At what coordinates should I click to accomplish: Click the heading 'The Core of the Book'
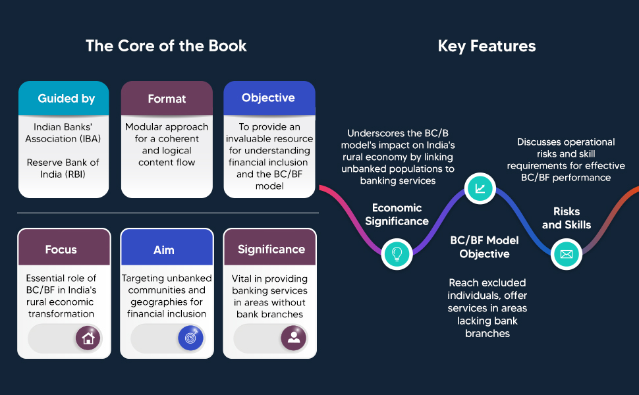pos(166,46)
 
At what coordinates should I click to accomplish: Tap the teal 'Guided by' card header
pos(64,98)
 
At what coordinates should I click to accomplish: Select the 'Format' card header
pos(167,98)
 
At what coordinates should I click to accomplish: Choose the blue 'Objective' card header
pos(269,97)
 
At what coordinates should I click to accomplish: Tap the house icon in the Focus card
pos(88,338)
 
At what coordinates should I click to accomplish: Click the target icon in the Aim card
pos(191,338)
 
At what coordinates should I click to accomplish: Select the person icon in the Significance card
pos(293,338)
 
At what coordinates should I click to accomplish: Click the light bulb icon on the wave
pos(397,253)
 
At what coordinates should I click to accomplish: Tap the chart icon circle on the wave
pos(480,188)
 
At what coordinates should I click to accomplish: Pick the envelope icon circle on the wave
pos(567,254)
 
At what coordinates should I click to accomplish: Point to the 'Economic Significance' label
pos(397,215)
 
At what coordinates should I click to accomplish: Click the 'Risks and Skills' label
pos(567,219)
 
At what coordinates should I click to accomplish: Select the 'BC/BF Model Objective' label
pos(485,247)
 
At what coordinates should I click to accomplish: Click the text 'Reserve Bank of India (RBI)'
pos(63,168)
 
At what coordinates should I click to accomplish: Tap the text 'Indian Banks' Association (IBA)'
pos(63,133)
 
